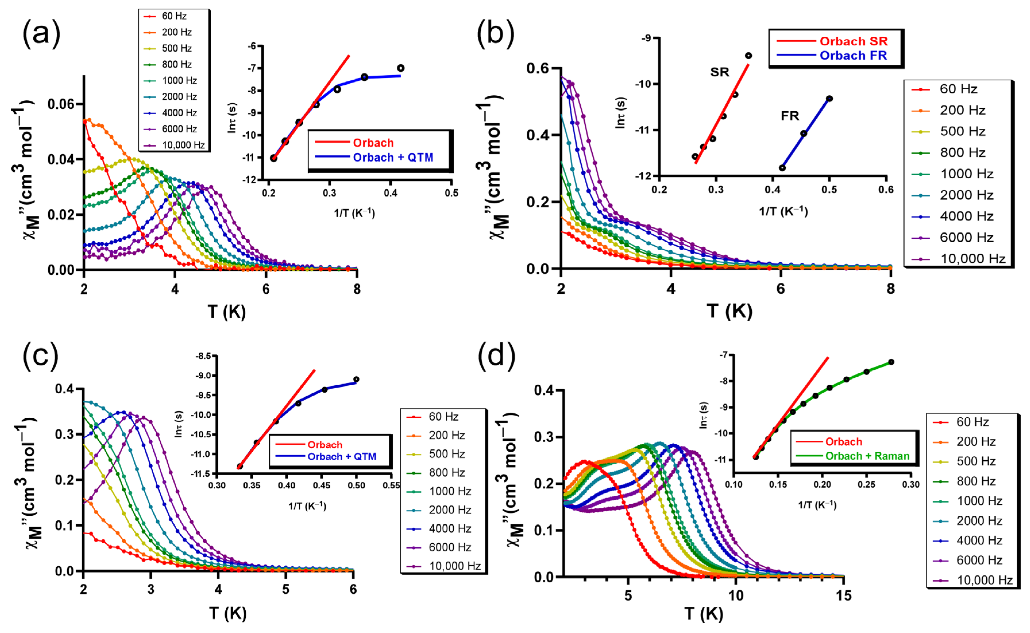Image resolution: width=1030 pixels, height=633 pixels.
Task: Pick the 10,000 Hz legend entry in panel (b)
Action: point(972,259)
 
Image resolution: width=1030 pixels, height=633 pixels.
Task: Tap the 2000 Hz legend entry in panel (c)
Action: point(449,510)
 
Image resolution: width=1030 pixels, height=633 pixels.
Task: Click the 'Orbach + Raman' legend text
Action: point(867,456)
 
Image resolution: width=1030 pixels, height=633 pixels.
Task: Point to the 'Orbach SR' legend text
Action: point(853,41)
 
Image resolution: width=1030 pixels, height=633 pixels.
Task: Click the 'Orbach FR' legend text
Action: point(853,55)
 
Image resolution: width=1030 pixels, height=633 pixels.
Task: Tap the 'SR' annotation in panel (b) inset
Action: point(720,72)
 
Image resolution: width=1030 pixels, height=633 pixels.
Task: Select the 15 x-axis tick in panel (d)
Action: point(843,595)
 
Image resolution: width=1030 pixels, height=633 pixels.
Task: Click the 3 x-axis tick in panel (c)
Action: point(151,589)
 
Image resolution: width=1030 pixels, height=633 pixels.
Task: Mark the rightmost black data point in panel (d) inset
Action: point(891,362)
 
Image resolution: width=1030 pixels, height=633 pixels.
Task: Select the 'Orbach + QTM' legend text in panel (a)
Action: point(393,157)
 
